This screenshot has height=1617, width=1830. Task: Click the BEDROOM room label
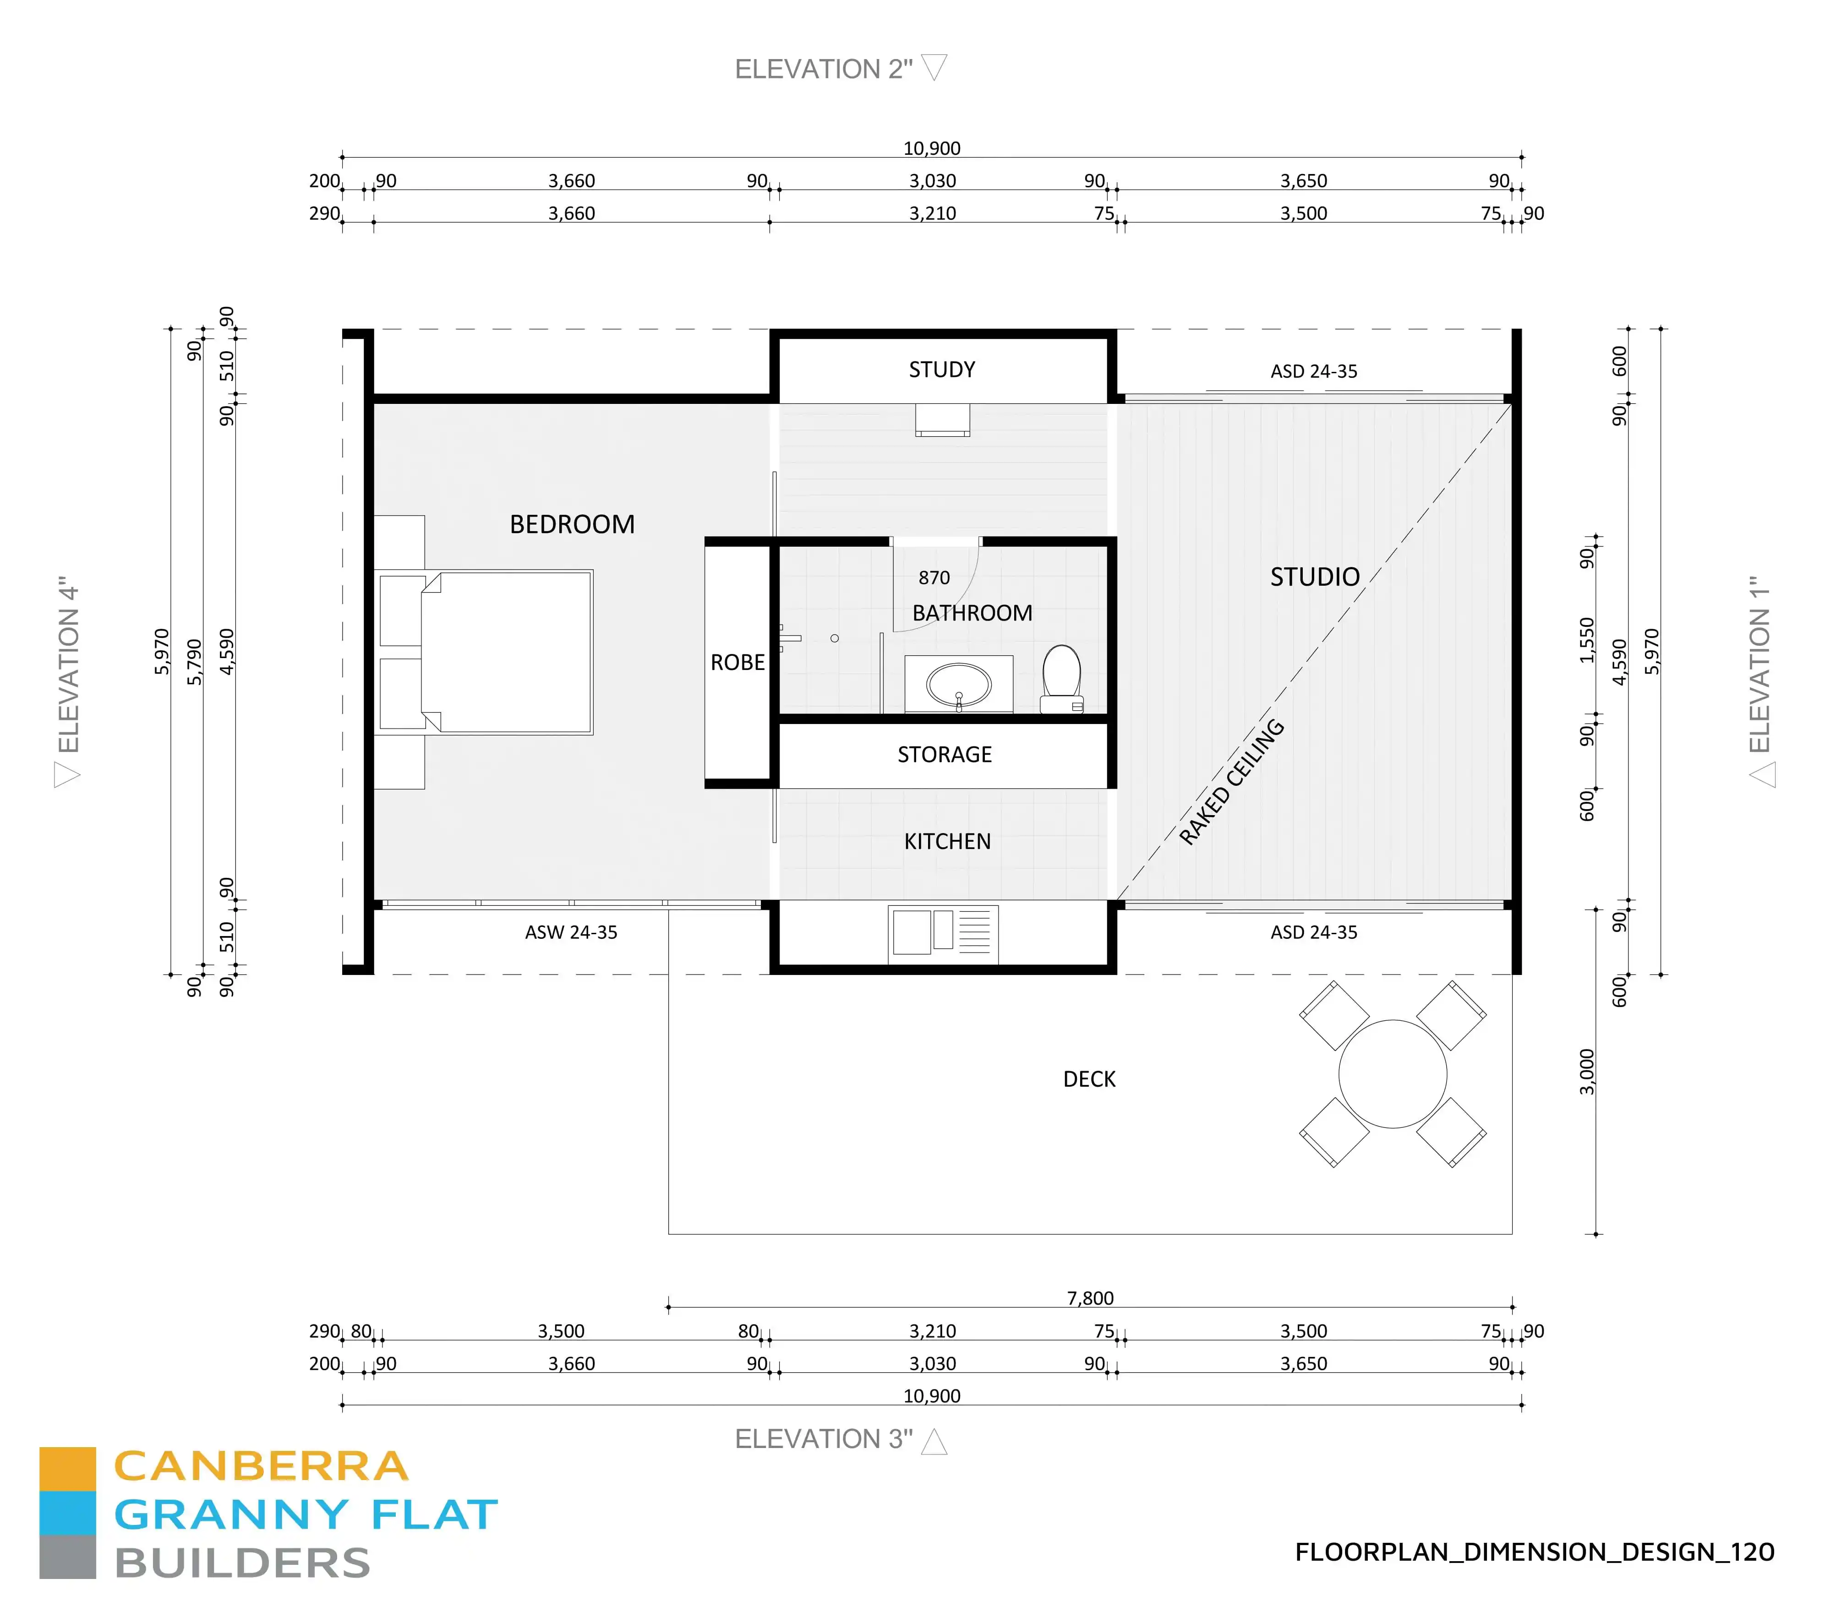point(572,524)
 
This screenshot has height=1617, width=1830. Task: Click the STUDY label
point(942,370)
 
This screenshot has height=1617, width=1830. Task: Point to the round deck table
point(1392,1074)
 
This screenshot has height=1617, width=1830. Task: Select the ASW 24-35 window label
point(571,932)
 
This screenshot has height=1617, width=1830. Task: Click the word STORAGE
point(945,754)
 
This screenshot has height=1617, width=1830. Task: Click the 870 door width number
point(934,578)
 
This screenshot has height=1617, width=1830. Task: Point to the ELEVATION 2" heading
point(823,69)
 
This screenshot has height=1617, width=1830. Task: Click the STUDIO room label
point(1314,577)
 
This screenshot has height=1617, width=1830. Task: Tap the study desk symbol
point(942,420)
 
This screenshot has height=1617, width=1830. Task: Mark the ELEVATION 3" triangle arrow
point(934,1442)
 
